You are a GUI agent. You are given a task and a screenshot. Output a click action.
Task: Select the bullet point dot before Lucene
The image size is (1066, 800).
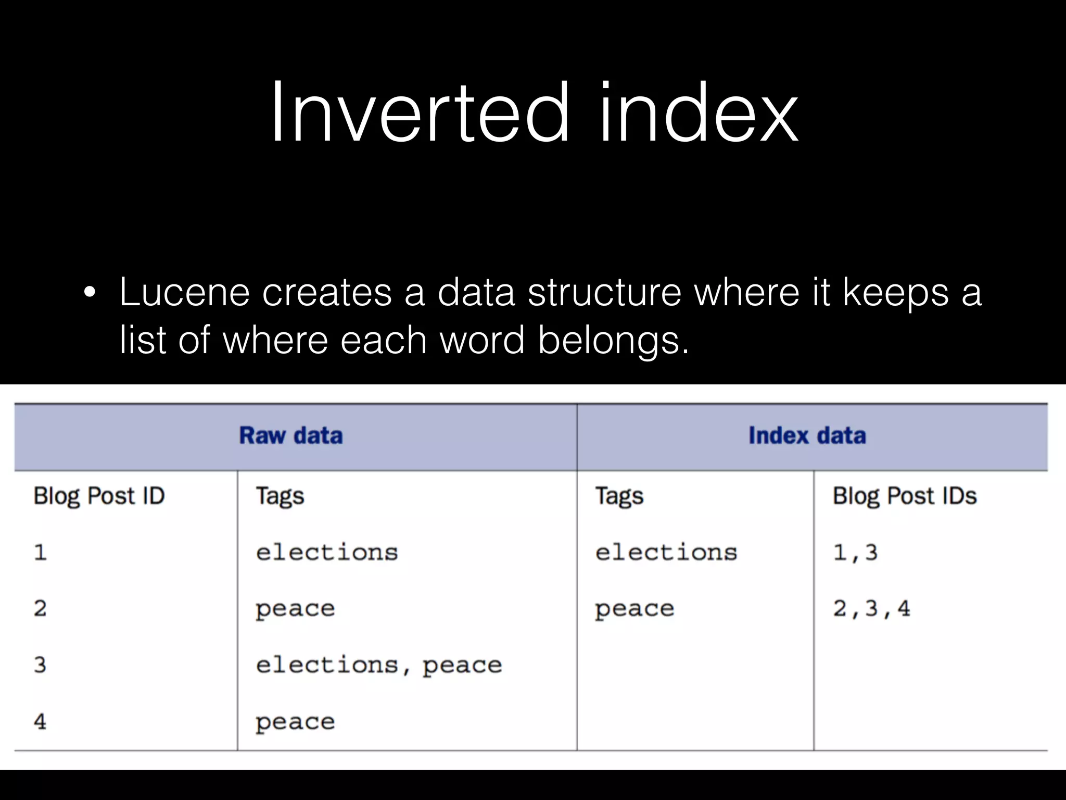pos(90,293)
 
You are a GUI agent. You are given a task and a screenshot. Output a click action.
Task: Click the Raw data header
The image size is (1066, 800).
pos(290,435)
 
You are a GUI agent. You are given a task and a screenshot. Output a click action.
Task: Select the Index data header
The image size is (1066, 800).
pos(807,435)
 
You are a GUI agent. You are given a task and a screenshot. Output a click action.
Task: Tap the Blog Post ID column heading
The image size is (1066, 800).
pos(99,496)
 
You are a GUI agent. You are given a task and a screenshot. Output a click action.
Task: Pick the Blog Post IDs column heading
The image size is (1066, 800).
pos(904,496)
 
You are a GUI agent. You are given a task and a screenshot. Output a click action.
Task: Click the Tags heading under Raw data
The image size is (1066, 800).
pos(280,496)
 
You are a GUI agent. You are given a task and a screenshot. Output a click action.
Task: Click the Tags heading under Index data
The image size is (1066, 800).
pos(619,496)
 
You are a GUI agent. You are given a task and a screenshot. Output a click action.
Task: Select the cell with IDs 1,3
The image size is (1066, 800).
pos(855,553)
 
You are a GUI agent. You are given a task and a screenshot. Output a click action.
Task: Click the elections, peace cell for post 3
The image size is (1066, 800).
pos(378,665)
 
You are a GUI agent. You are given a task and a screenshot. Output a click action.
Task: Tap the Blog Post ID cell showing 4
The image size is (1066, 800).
pos(40,721)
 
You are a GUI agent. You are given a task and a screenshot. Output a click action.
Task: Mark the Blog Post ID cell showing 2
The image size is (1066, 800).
pos(40,608)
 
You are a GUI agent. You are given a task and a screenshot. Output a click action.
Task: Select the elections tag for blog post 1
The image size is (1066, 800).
pos(326,553)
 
